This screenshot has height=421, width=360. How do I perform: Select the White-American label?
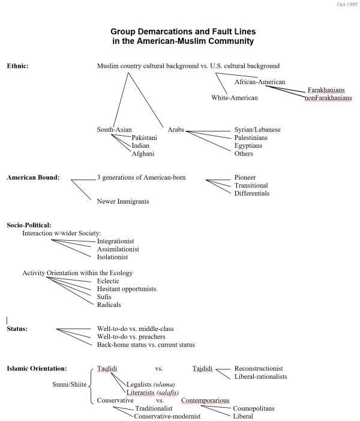tap(235, 97)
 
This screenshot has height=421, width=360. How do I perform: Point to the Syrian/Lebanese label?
tap(257, 130)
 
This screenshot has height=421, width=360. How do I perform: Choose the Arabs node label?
tap(176, 130)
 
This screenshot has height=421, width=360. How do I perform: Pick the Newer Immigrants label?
tap(123, 201)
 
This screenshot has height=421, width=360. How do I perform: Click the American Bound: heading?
tap(33, 178)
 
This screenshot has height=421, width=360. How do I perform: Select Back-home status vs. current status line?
tap(146, 345)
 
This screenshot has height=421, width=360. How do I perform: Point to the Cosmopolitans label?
tap(254, 408)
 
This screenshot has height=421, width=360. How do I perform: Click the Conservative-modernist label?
tap(167, 416)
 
